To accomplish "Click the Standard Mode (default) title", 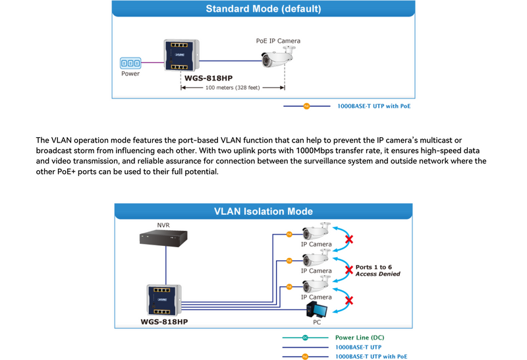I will pyautogui.click(x=263, y=9).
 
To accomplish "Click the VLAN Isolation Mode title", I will pyautogui.click(x=263, y=212).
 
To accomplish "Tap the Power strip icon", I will pyautogui.click(x=130, y=63).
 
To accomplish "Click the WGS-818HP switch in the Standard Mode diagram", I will pyautogui.click(x=180, y=55).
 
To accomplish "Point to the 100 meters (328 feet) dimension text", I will pyautogui.click(x=233, y=87).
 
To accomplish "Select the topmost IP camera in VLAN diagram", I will pyautogui.click(x=316, y=233).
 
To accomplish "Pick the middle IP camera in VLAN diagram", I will pyautogui.click(x=316, y=259).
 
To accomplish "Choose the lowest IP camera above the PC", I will pyautogui.click(x=316, y=286).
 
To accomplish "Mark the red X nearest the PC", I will pyautogui.click(x=349, y=300).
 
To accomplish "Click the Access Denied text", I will pyautogui.click(x=377, y=274).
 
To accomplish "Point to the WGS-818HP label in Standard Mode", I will pyautogui.click(x=209, y=77).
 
